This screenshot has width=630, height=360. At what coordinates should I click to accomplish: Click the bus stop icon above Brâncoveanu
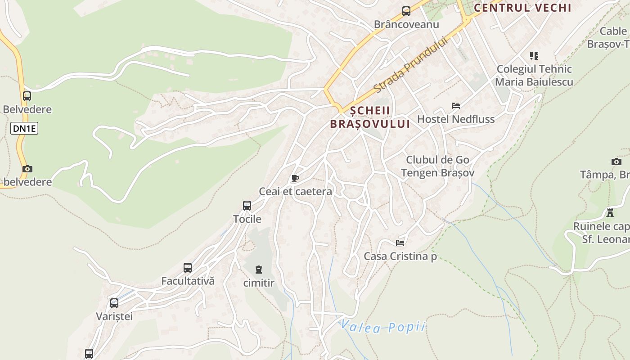tap(406, 11)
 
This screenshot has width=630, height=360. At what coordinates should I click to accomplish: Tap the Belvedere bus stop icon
tap(27, 96)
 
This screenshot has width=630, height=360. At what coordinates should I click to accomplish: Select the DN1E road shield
tap(24, 129)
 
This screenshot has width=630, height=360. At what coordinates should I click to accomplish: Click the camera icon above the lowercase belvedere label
tap(27, 169)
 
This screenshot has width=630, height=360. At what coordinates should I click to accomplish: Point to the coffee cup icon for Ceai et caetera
tap(295, 179)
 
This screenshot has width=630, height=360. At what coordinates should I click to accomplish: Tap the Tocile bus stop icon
tap(247, 206)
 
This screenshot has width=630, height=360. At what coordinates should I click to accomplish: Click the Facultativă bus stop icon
tap(188, 268)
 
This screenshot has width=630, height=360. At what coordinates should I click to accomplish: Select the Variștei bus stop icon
tap(114, 303)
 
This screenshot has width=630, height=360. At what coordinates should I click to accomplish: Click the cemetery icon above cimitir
tap(258, 270)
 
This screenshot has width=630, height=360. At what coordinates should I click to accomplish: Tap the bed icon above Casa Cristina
tap(400, 243)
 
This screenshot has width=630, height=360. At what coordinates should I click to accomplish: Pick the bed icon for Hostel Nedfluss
tap(456, 106)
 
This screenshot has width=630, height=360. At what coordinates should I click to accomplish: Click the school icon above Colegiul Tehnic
tap(534, 56)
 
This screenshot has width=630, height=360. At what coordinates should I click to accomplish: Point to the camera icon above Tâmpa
tap(616, 162)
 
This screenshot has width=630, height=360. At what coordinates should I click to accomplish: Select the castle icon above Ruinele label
tap(610, 213)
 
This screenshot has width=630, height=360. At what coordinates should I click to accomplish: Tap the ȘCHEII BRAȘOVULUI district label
tap(370, 117)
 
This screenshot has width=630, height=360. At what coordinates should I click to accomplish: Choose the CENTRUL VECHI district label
tap(522, 8)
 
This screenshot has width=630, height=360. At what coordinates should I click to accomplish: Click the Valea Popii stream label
tap(382, 327)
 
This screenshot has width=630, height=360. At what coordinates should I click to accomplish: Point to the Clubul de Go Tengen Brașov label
tap(437, 166)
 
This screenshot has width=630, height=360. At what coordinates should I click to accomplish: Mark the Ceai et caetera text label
tap(296, 192)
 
